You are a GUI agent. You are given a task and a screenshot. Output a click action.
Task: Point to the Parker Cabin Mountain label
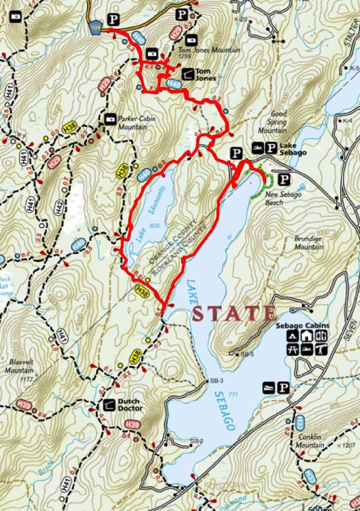(136, 123)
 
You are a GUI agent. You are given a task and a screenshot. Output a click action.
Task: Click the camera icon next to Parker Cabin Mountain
(110, 120)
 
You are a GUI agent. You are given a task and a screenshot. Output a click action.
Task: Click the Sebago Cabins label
(296, 326)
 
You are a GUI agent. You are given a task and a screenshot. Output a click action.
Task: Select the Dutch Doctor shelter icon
(109, 405)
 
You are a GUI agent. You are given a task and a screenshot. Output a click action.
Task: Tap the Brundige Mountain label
(309, 242)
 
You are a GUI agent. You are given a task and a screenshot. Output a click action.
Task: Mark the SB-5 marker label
(246, 354)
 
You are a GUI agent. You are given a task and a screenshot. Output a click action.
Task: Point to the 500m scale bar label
(326, 506)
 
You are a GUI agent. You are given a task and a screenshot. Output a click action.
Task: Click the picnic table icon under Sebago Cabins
(293, 351)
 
